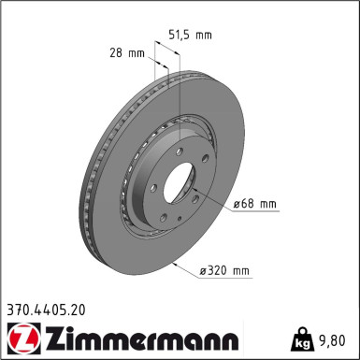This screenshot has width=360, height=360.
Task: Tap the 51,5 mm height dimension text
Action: (189, 36)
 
